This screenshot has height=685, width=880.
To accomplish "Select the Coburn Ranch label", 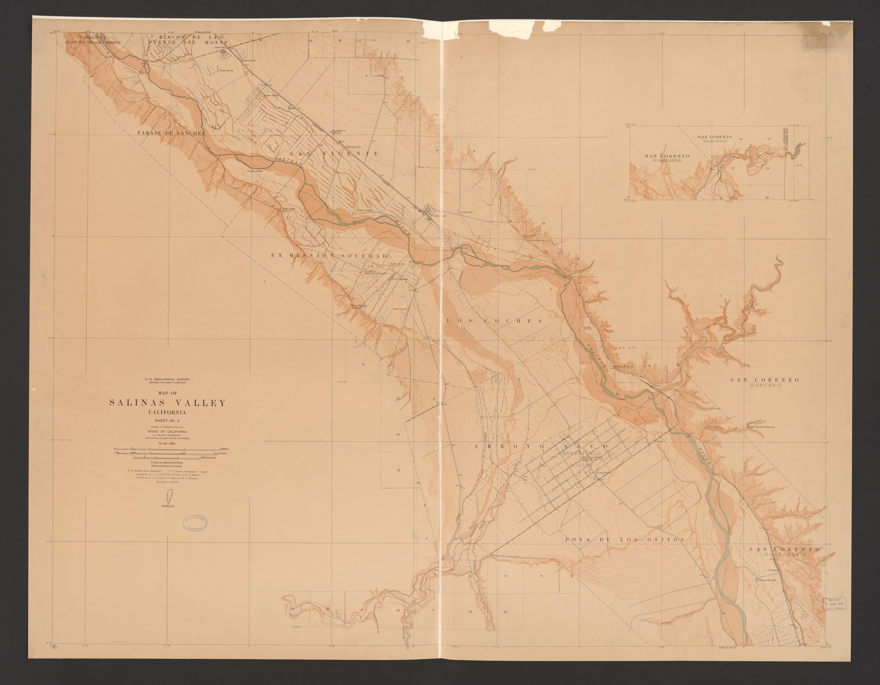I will point(766,591).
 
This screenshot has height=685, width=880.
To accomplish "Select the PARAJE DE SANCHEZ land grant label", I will point(171,133).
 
